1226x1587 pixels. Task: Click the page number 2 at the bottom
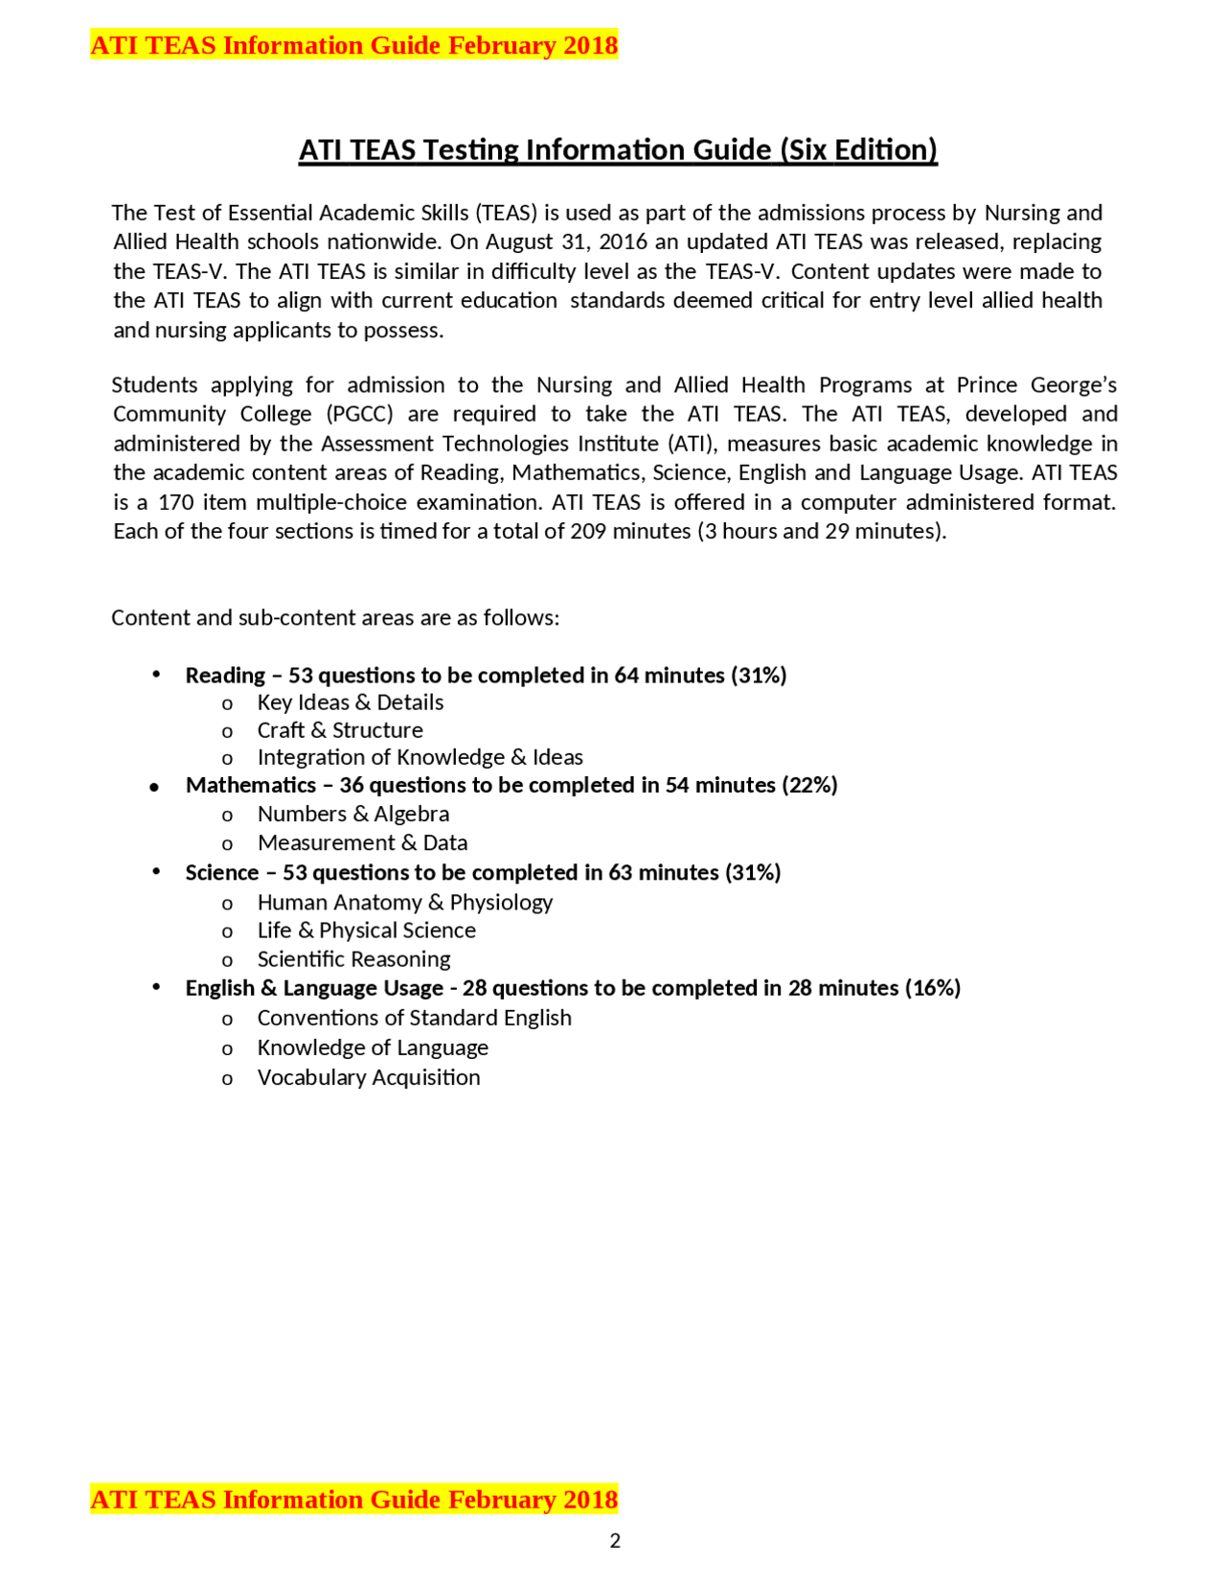tap(615, 1540)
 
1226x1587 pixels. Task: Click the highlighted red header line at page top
tap(353, 45)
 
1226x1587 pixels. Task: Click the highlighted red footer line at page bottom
tap(353, 1499)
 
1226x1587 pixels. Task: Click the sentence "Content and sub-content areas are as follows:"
tap(335, 617)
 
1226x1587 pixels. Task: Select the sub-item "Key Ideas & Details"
tap(350, 702)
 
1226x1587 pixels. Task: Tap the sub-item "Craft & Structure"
tap(339, 730)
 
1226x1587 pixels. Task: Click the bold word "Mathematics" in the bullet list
tap(251, 785)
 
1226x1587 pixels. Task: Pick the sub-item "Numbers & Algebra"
tap(352, 814)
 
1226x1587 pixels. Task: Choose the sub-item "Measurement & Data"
tap(362, 842)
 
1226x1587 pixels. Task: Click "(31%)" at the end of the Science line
tap(753, 872)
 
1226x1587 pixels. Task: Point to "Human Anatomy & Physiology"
tap(404, 902)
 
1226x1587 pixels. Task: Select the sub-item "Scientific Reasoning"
tap(353, 959)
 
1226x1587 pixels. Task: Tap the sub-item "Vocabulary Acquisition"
tap(369, 1077)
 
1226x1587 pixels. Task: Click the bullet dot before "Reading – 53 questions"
tap(155, 675)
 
